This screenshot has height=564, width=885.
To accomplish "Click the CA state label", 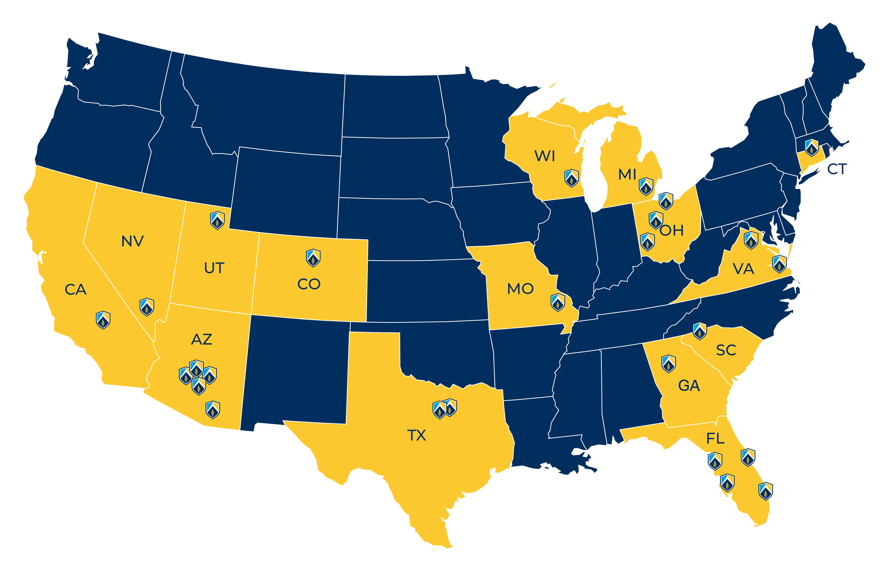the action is (x=76, y=290).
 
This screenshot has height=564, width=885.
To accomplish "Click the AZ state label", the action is (x=202, y=339).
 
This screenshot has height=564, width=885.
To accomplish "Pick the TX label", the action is (x=416, y=435).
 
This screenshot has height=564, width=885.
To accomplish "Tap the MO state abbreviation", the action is (x=520, y=289).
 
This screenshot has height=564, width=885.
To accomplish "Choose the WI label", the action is (x=545, y=156).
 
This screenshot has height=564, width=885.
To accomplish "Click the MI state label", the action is (x=627, y=175).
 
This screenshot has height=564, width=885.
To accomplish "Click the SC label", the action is (x=726, y=350).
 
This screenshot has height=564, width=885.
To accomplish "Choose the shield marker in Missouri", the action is (x=558, y=302).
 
